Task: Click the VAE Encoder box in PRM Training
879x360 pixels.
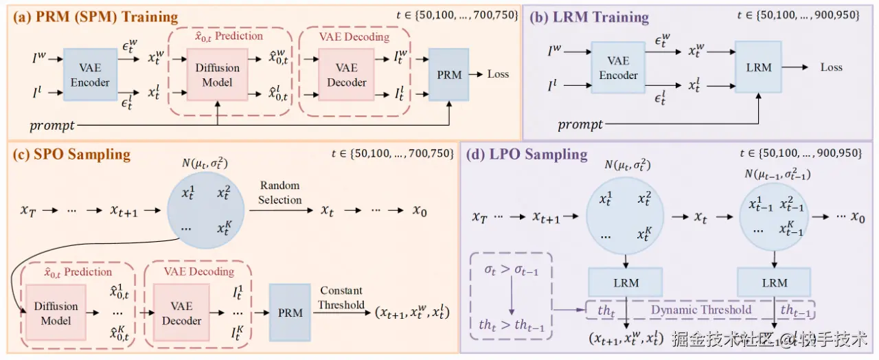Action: pyautogui.click(x=90, y=75)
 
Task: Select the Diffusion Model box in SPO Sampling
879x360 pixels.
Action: pyautogui.click(x=56, y=313)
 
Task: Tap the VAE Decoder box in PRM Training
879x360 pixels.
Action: pyautogui.click(x=347, y=75)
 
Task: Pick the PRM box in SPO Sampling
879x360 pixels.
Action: pyautogui.click(x=290, y=313)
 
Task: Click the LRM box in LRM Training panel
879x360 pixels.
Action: pyautogui.click(x=758, y=67)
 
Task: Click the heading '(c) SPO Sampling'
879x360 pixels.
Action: pyautogui.click(x=71, y=153)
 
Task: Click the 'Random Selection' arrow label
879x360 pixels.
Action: pyautogui.click(x=279, y=192)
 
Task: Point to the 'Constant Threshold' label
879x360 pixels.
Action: pyautogui.click(x=341, y=297)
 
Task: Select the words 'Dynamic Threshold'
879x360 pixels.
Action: pyautogui.click(x=701, y=310)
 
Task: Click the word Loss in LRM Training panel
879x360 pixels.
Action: pyautogui.click(x=831, y=67)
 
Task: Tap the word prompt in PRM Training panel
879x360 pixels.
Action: pyautogui.click(x=53, y=126)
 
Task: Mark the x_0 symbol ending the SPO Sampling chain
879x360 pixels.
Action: pyautogui.click(x=420, y=211)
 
